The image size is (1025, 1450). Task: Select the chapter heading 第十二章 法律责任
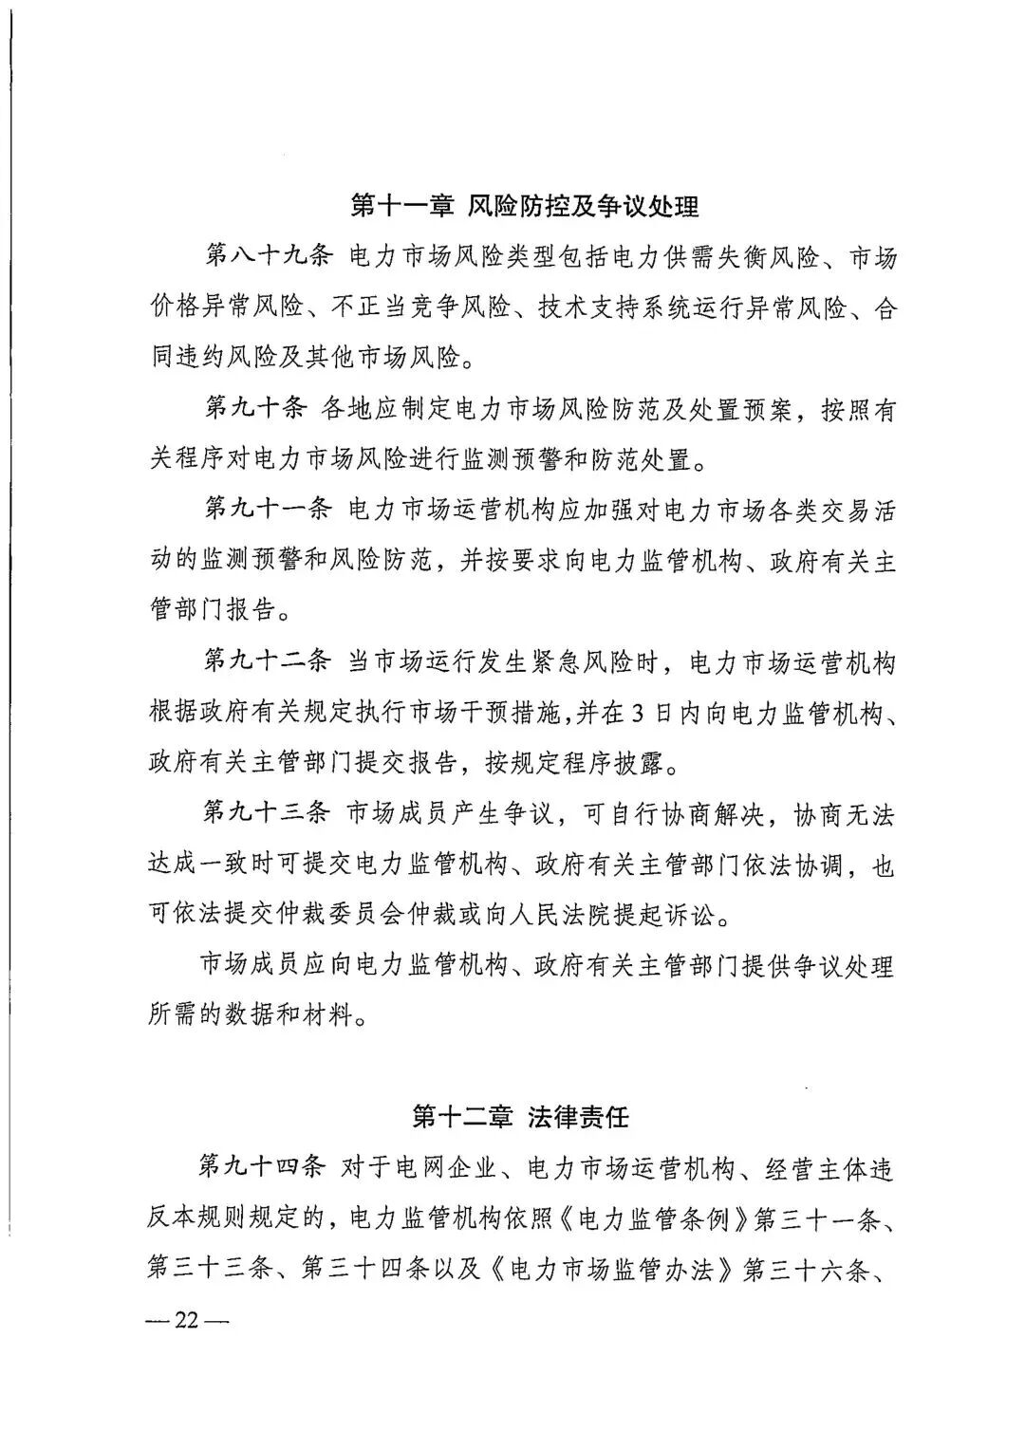pos(521,1117)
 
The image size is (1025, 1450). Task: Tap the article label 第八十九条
pos(267,256)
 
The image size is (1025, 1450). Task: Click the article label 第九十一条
pos(267,510)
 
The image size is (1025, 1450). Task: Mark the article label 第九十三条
pos(267,813)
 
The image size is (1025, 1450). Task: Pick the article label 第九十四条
pos(267,1168)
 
